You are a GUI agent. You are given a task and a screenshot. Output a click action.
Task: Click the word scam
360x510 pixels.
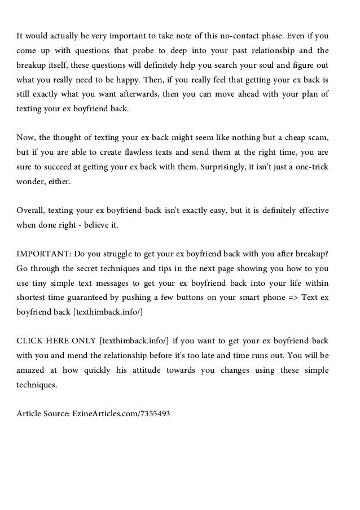pos(317,138)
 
